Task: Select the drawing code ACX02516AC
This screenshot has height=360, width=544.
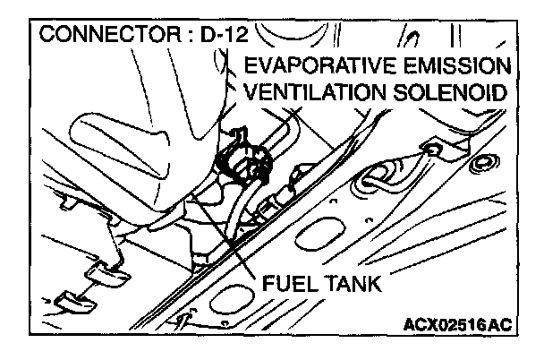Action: click(x=459, y=323)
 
